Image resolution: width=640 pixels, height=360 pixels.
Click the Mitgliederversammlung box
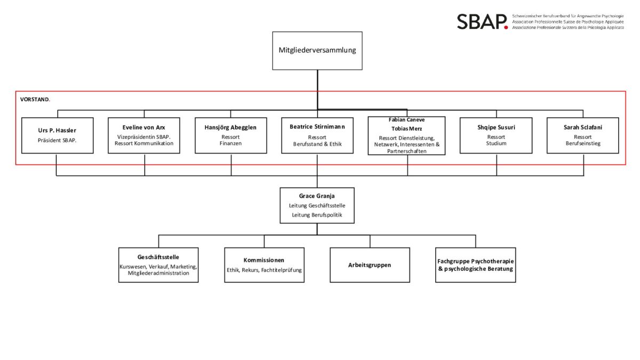pos(317,51)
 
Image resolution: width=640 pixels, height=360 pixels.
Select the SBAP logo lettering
pos(480,22)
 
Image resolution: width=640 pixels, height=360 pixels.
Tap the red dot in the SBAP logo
pos(506,27)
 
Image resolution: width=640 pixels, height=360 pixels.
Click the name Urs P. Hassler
pos(57,131)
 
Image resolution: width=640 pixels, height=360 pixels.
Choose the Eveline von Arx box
pos(144,135)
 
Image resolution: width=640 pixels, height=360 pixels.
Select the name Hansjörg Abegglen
pos(230,127)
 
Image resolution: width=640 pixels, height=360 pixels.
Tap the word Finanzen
pos(230,143)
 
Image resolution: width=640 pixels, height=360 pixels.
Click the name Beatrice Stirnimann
pos(317,127)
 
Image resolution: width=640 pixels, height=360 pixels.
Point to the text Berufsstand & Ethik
pos(317,144)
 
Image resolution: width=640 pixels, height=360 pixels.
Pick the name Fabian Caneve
pos(406,120)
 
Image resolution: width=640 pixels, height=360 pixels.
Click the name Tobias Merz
pos(406,129)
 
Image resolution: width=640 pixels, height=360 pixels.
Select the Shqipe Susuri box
pos(496,135)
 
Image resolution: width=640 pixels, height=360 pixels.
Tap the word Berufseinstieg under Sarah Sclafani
pos(583,143)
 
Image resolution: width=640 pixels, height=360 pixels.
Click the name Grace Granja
pos(317,196)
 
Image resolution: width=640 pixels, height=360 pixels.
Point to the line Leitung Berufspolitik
pos(317,215)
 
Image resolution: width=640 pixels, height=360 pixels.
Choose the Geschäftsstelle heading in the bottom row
pos(158,257)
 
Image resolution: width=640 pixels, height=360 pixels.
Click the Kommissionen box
pos(264,265)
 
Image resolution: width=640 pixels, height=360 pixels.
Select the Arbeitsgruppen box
pos(370,265)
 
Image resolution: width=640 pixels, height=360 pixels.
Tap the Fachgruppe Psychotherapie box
pos(475,265)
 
